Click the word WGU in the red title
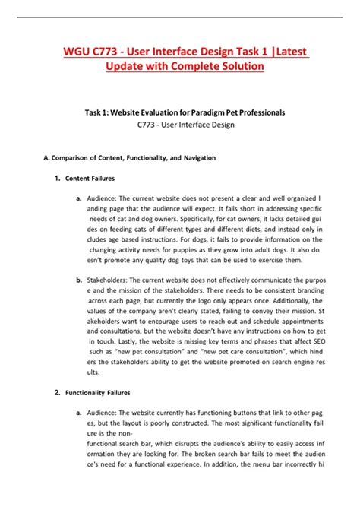pos(77,50)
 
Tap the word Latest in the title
pos(289,50)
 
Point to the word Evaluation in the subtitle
pos(160,112)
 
